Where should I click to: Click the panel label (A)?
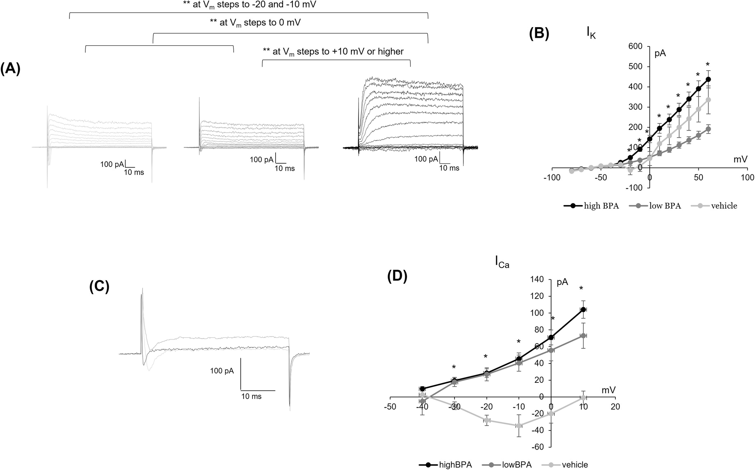(x=10, y=70)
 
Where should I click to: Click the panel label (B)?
(x=539, y=34)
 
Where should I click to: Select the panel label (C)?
(x=99, y=287)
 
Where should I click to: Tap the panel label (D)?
(x=398, y=277)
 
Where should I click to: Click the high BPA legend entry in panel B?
(x=592, y=206)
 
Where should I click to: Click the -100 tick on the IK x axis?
(x=552, y=177)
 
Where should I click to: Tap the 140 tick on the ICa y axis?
(x=537, y=279)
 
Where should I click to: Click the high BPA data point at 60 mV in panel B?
(x=708, y=79)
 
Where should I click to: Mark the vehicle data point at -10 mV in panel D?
(x=519, y=426)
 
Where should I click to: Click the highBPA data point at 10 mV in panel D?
(x=583, y=310)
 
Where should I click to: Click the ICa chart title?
(x=502, y=263)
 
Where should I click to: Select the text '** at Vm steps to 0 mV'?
(x=255, y=23)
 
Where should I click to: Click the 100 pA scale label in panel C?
(x=222, y=371)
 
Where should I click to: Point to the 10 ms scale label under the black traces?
(x=449, y=168)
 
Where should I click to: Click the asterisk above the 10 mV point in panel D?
(x=581, y=289)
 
